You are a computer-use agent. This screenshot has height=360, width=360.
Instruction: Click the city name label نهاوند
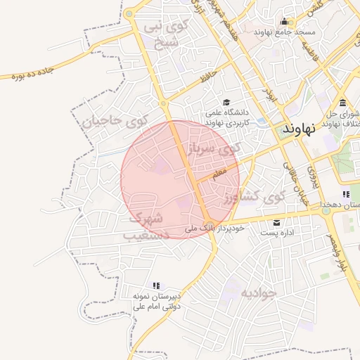(300, 130)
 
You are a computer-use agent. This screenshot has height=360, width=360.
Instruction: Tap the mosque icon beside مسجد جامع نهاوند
(284, 22)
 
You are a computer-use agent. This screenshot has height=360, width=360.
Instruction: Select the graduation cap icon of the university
(226, 102)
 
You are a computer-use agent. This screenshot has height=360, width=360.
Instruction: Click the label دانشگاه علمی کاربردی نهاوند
(226, 117)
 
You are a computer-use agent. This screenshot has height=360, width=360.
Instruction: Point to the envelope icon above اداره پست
(276, 223)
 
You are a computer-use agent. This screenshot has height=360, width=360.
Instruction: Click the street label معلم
(219, 172)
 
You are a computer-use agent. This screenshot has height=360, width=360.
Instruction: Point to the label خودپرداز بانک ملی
(214, 229)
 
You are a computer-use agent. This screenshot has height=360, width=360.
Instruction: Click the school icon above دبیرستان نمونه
(157, 285)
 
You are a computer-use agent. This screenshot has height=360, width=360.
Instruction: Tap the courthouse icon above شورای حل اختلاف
(342, 103)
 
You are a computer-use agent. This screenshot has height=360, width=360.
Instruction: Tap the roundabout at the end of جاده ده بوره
(129, 14)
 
